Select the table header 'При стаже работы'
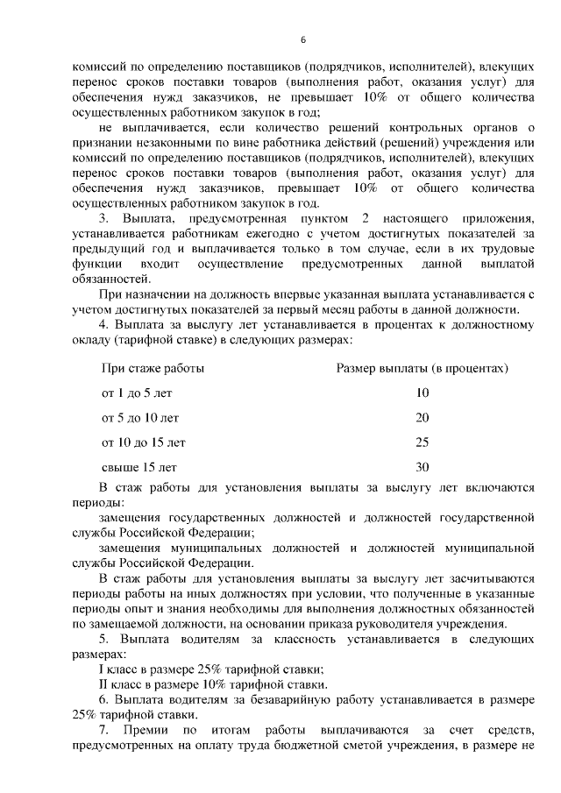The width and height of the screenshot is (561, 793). [153, 369]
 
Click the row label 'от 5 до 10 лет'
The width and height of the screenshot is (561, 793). [141, 418]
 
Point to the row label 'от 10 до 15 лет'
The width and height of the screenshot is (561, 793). [144, 443]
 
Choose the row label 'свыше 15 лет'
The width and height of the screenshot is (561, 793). [139, 467]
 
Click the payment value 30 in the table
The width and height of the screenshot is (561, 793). [423, 467]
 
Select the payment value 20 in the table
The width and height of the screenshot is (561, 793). [423, 418]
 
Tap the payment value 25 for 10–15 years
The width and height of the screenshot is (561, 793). [423, 443]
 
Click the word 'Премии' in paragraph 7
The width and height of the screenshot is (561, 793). [144, 730]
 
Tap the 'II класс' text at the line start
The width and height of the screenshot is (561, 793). [121, 685]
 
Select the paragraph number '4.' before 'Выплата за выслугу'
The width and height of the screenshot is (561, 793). [104, 324]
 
